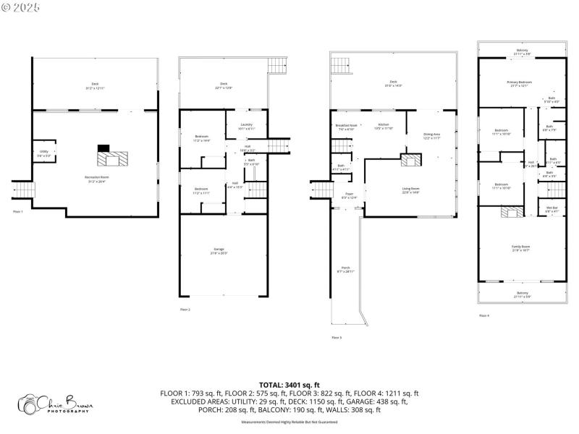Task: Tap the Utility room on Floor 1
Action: click(44, 153)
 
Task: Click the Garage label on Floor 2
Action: click(219, 250)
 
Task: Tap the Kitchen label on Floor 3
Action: click(384, 127)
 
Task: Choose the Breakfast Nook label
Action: click(346, 127)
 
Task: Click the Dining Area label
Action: click(432, 136)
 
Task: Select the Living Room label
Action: click(411, 190)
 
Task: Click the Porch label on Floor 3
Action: click(345, 269)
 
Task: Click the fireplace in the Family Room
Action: click(511, 211)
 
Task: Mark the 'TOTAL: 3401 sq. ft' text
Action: click(289, 385)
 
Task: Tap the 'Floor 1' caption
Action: click(18, 211)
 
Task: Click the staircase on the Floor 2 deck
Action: click(277, 65)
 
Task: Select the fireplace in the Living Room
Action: click(410, 160)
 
